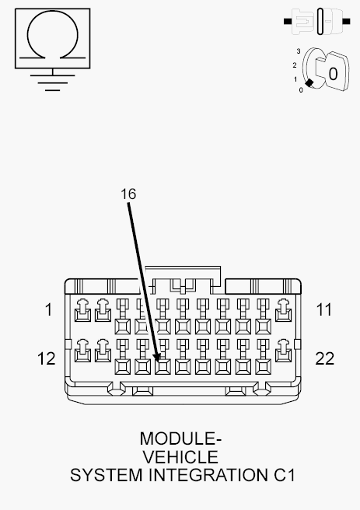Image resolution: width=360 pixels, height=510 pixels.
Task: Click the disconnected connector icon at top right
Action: (317, 22)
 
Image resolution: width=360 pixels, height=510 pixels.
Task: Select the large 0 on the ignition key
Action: (333, 74)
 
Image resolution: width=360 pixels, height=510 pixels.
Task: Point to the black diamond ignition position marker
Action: (309, 83)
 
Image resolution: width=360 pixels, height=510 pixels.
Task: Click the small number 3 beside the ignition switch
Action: (299, 51)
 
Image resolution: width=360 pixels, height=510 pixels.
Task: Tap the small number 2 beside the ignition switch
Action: (295, 65)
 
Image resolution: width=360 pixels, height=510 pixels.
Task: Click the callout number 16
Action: (128, 194)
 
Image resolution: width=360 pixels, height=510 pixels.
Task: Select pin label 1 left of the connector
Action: (49, 309)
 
